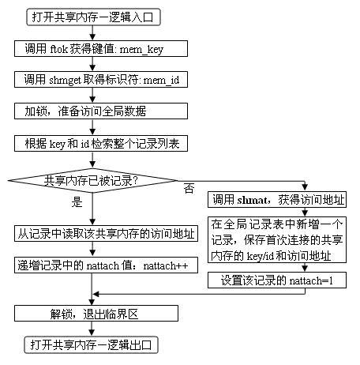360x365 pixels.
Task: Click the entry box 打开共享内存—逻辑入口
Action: pyautogui.click(x=93, y=15)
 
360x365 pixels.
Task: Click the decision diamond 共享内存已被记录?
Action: pyautogui.click(x=93, y=181)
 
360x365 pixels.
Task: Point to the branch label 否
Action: pyautogui.click(x=189, y=189)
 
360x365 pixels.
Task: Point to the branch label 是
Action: pyautogui.click(x=77, y=202)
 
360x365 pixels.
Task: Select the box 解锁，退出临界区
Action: pyautogui.click(x=93, y=314)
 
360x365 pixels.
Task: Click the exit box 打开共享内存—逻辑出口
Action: pyautogui.click(x=93, y=345)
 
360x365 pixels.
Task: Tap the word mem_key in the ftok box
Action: pyautogui.click(x=163, y=49)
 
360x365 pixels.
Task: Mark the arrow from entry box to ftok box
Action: pyautogui.click(x=93, y=32)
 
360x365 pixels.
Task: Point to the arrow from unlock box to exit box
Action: pyautogui.click(x=93, y=329)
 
